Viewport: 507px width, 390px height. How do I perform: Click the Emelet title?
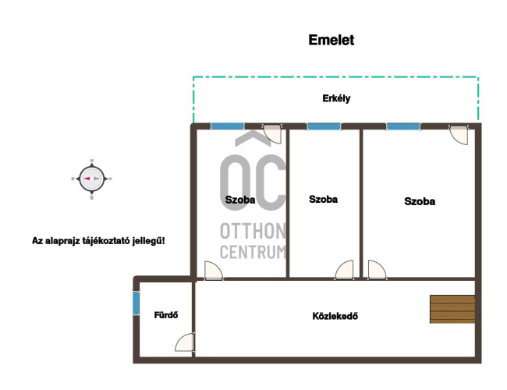pos(331,40)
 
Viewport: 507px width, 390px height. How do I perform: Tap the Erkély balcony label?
pos(336,98)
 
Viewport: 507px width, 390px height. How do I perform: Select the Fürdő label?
pos(166,315)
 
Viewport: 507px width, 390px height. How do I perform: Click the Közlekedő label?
pos(335,316)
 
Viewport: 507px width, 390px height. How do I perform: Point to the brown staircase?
pos(452,309)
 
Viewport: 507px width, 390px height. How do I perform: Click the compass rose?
pos(92,179)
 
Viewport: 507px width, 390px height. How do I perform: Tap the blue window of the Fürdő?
pos(136,303)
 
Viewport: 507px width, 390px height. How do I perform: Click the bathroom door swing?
pos(186,342)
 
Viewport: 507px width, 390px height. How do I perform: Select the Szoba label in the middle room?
pos(323,199)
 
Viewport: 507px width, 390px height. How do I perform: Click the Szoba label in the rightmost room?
pos(420,201)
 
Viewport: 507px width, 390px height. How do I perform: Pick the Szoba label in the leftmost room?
pos(240,200)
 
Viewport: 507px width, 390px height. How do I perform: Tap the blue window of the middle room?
pos(324,126)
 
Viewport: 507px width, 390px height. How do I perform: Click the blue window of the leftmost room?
pos(227,126)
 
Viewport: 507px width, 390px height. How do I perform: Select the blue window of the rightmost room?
pos(403,126)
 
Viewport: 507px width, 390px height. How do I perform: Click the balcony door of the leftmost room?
pos(272,134)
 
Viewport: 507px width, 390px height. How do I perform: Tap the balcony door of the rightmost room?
pos(459,134)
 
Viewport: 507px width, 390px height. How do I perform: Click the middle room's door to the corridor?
pos(345,270)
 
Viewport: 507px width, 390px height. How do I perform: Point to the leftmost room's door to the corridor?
pos(214,271)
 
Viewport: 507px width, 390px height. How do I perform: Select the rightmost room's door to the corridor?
pos(377,270)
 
